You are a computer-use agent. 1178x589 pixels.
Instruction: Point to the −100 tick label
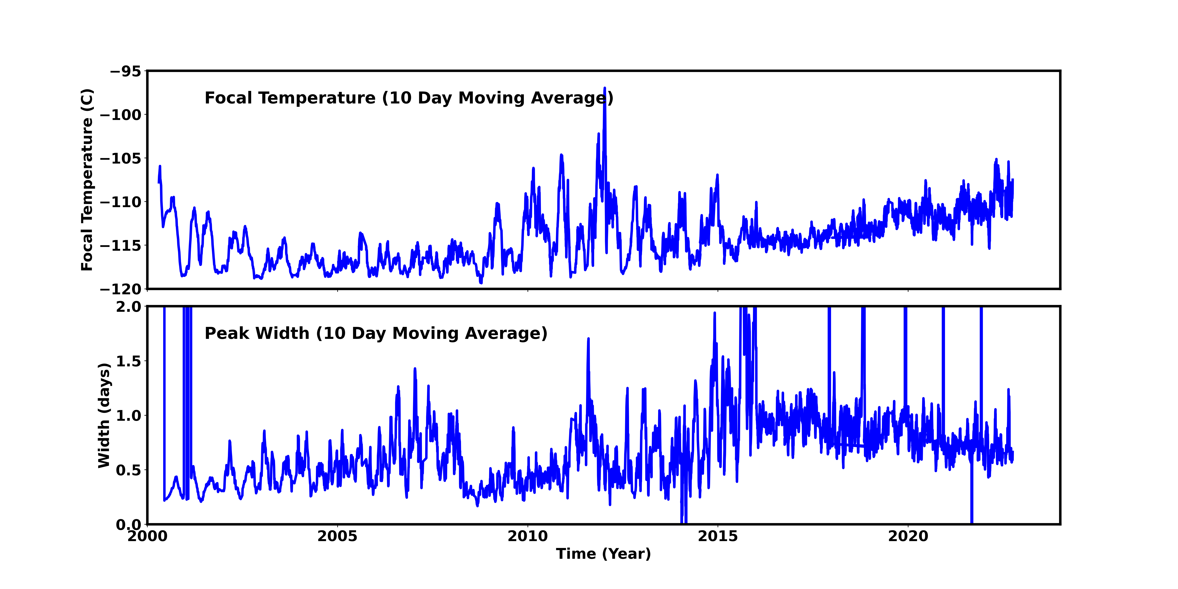(x=121, y=115)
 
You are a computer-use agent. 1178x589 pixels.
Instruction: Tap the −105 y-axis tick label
(x=121, y=158)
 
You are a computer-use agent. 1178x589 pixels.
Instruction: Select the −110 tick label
(x=121, y=202)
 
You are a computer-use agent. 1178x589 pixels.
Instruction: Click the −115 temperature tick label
(x=121, y=246)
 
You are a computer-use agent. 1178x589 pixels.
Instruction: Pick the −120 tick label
(x=121, y=289)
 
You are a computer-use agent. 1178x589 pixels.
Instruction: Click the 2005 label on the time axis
(x=337, y=536)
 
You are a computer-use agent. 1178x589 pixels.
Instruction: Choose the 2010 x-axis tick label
(x=528, y=536)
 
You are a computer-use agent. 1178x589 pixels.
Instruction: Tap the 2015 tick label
(x=718, y=536)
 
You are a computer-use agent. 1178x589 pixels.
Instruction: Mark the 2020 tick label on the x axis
(x=908, y=536)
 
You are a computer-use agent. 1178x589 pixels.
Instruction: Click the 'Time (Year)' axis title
(x=603, y=554)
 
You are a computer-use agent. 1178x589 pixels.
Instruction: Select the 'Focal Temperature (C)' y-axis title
(x=87, y=180)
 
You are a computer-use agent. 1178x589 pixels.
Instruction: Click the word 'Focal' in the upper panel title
(x=229, y=98)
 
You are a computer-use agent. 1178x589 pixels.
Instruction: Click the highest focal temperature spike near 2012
(x=605, y=88)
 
